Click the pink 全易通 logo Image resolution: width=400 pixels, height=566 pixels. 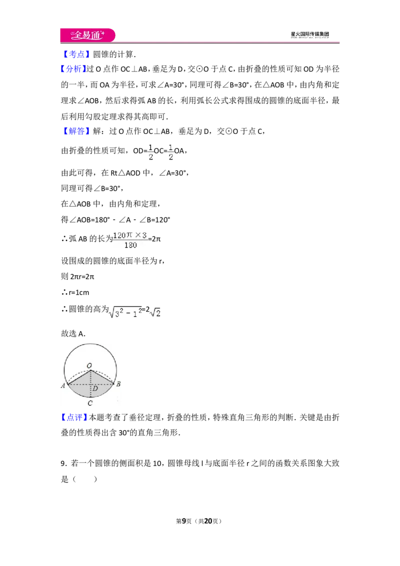(87, 35)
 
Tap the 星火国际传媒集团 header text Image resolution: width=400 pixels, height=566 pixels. (309, 34)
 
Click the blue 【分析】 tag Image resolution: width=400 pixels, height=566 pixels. (73, 69)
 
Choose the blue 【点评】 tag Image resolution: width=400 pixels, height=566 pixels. (74, 417)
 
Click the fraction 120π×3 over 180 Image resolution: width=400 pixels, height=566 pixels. (130, 240)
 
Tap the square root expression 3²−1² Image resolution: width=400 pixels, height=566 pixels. (125, 312)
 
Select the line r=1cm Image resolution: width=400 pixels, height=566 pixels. (75, 292)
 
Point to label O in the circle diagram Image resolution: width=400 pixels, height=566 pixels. (89, 365)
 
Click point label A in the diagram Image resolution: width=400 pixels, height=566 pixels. (63, 386)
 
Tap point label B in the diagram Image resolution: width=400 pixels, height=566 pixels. (118, 384)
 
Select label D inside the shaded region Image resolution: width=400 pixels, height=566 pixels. (95, 389)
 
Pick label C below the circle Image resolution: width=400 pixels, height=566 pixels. (90, 403)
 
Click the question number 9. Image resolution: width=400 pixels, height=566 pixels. (63, 463)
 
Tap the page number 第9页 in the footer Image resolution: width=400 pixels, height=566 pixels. (184, 521)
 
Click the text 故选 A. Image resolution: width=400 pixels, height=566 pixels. (73, 333)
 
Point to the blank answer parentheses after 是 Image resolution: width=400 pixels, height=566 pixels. (85, 479)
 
